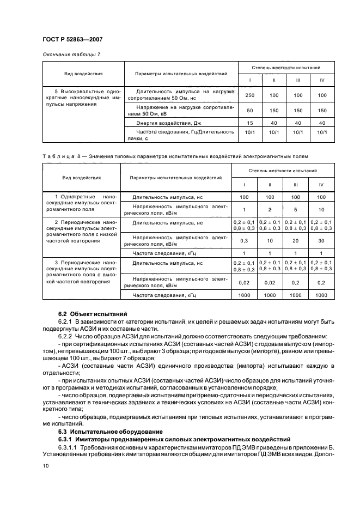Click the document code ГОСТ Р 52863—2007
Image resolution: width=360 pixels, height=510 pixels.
pos(72,39)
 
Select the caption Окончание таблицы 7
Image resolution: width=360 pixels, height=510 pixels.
pos(71,54)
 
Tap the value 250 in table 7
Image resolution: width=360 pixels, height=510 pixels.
pos(250,95)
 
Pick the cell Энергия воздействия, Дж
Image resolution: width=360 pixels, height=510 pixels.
pos(157,123)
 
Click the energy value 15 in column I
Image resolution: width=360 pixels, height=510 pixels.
pos(250,123)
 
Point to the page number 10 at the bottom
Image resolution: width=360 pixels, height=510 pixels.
pos(46,466)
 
